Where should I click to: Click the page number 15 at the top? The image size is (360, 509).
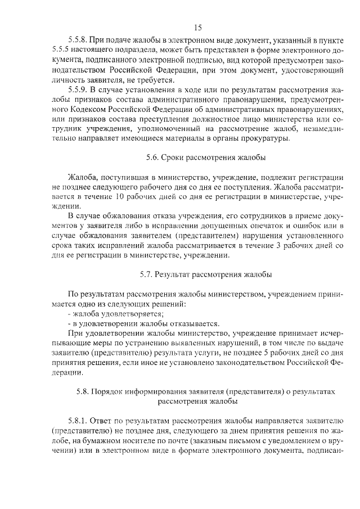197,27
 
